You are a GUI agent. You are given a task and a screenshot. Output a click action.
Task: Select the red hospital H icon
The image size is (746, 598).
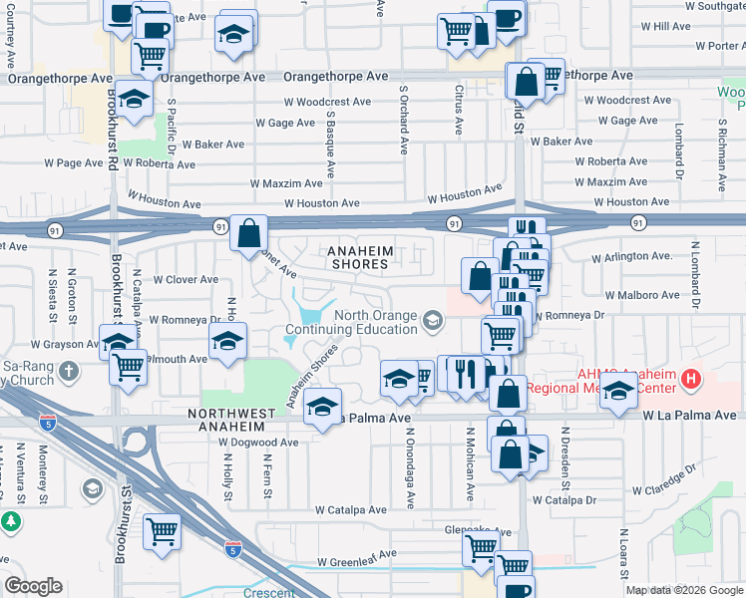tap(689, 379)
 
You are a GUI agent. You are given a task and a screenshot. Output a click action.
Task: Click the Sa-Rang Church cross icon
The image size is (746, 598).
tap(68, 372)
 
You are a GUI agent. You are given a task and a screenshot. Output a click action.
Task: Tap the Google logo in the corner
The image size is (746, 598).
tap(33, 586)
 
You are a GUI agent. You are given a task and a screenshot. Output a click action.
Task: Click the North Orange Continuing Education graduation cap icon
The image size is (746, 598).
tap(433, 320)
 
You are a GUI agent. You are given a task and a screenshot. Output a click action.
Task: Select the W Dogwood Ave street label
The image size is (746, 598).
tap(259, 442)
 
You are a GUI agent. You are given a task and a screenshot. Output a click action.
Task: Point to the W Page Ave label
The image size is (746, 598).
tap(74, 163)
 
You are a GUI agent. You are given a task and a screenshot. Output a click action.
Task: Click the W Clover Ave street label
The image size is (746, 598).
tap(185, 280)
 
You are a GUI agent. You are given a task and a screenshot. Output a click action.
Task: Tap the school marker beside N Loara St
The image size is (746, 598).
tap(618, 392)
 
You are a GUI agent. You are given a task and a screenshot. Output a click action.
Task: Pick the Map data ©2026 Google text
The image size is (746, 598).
tap(684, 589)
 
